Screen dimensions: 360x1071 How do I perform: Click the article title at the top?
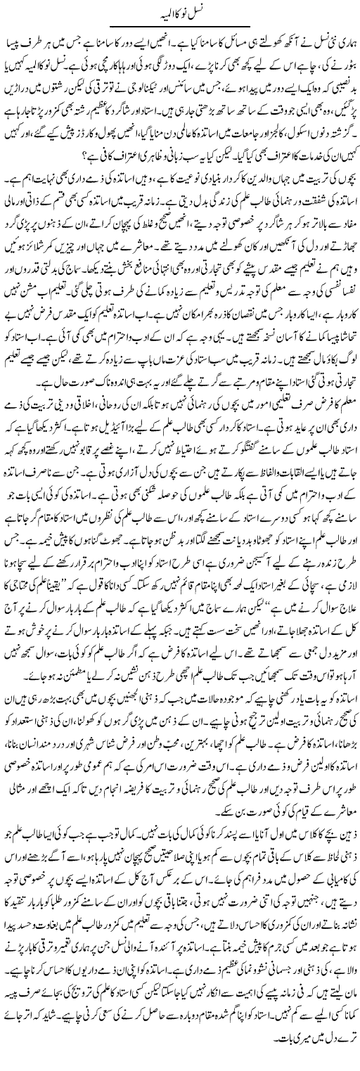coord(179,12)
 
